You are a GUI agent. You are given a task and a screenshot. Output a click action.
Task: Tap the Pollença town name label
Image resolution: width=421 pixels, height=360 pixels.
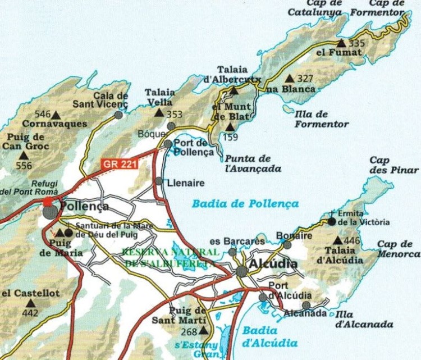[x=84, y=206]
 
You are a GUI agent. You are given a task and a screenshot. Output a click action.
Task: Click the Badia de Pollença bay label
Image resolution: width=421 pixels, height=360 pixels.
[x=245, y=204]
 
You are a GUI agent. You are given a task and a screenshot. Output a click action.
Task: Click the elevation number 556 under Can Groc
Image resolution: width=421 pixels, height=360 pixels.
[x=25, y=166]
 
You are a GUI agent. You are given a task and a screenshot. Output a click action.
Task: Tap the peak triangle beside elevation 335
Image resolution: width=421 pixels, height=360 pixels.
[x=341, y=43]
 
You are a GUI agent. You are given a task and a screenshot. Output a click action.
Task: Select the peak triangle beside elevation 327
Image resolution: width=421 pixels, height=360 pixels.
[x=290, y=79]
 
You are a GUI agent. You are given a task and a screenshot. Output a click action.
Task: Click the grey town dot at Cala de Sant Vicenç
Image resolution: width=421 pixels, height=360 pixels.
[x=118, y=115]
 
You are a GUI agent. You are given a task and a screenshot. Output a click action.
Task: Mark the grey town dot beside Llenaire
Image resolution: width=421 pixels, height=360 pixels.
[x=159, y=181]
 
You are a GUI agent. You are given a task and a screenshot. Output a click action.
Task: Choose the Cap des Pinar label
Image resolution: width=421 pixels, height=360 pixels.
[x=393, y=165]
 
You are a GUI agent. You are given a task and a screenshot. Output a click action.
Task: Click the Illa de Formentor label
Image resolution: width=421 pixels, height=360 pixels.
[x=321, y=119]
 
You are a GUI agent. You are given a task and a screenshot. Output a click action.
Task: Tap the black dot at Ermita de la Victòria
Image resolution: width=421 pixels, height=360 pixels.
[x=332, y=221]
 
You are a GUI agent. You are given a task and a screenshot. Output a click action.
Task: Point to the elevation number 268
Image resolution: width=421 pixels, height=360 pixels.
[x=189, y=332]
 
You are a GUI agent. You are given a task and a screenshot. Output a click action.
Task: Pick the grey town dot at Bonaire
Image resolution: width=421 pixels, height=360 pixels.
[x=287, y=244]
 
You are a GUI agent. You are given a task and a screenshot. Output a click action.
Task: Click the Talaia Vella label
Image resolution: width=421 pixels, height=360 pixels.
[x=160, y=97]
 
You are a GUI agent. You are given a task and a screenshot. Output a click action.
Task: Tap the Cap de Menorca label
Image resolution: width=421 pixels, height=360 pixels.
[x=395, y=249]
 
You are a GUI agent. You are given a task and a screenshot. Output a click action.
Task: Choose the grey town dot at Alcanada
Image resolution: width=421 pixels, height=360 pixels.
[x=306, y=305]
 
